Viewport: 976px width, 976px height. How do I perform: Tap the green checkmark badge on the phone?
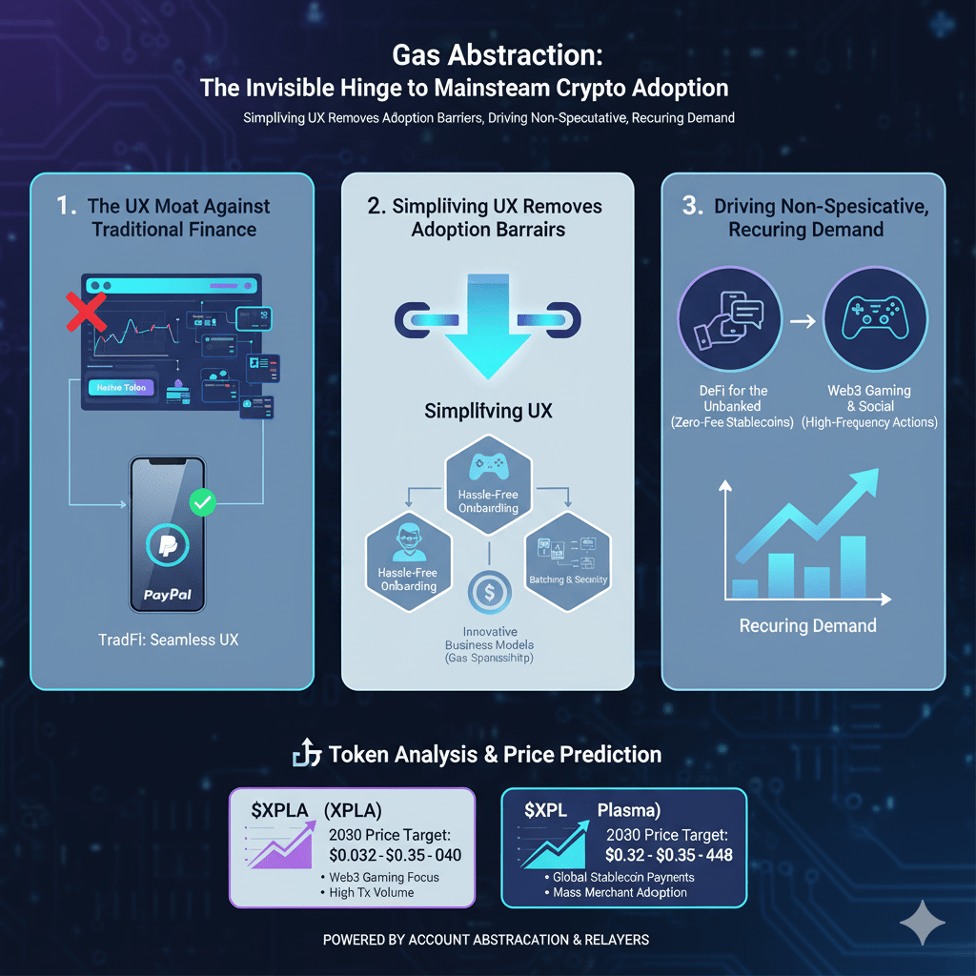coord(203,502)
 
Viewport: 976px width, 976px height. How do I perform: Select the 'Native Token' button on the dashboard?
coord(121,388)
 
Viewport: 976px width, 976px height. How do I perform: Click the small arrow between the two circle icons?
coord(803,321)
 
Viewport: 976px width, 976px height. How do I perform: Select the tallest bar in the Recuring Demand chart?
coord(853,566)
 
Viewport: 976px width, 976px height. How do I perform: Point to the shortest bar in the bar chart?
coord(745,587)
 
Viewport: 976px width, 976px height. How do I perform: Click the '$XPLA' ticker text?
coord(279,810)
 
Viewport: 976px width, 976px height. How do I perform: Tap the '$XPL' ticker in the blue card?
coord(545,810)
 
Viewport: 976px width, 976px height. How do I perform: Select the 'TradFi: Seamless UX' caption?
coord(168,639)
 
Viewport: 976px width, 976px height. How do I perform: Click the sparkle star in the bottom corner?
coord(922,923)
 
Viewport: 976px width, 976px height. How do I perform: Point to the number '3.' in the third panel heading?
coord(694,206)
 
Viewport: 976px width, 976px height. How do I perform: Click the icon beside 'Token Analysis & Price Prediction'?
coord(304,755)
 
